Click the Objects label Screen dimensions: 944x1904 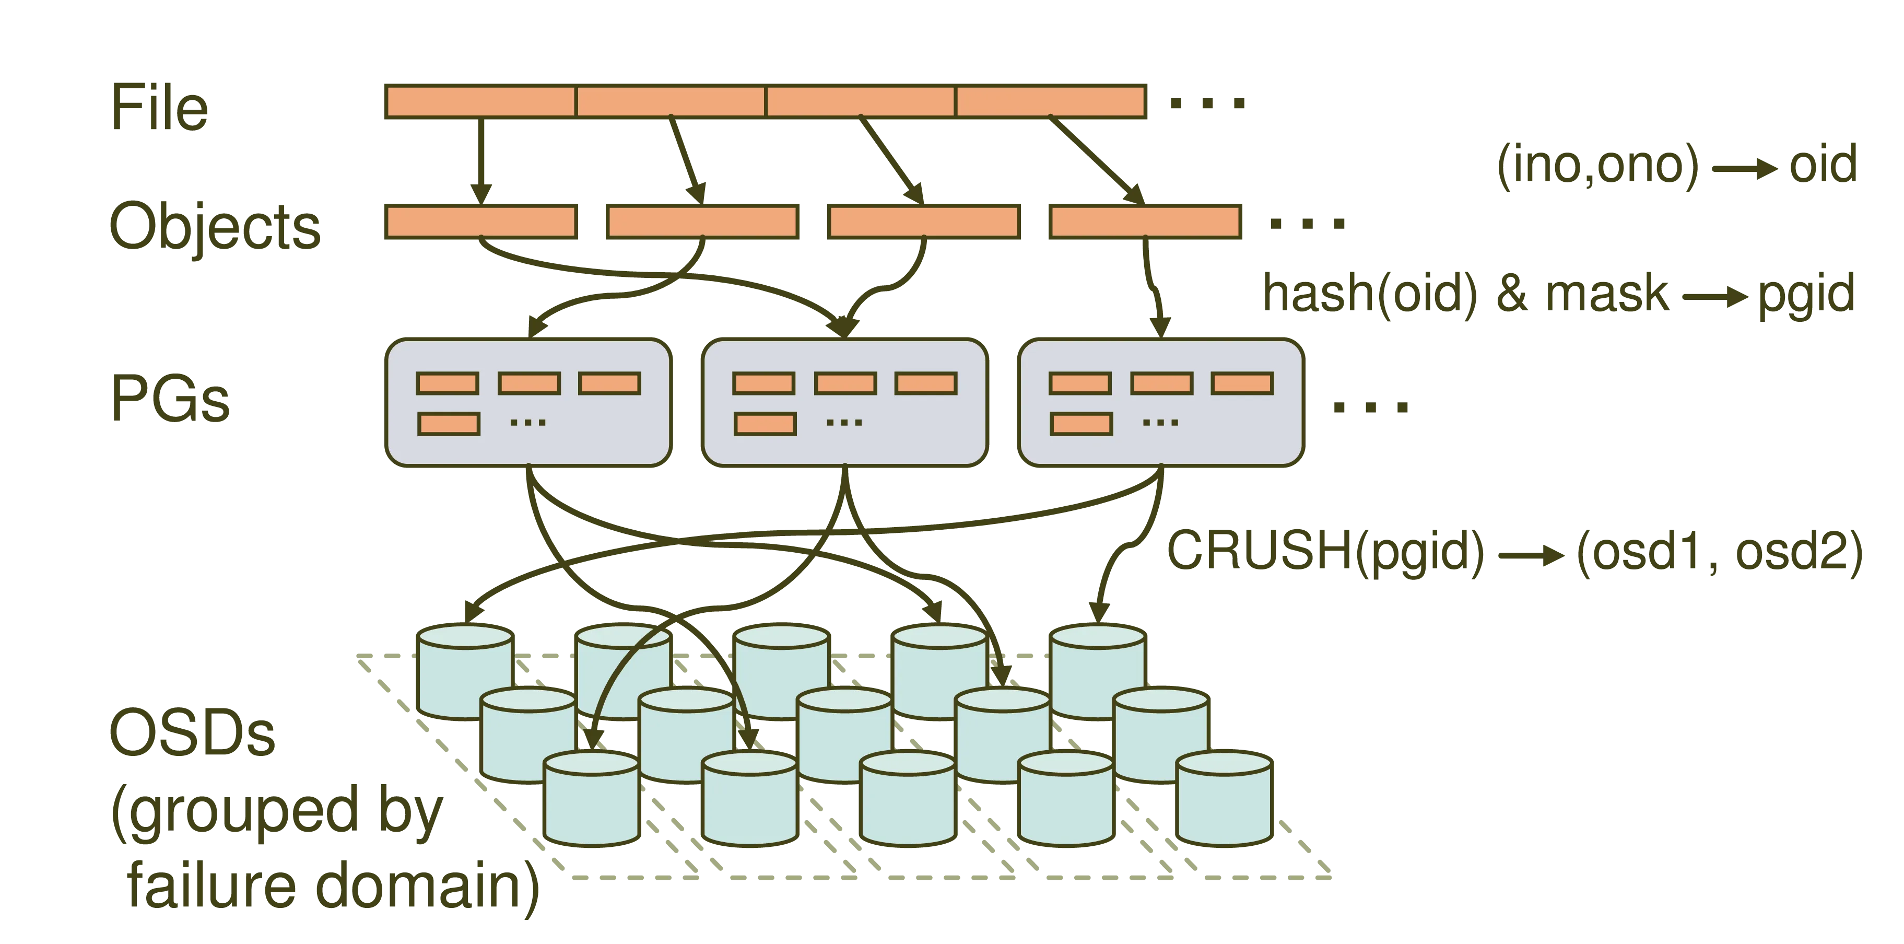pos(214,226)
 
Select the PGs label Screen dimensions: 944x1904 pos(170,397)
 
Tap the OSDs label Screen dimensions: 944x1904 pos(192,732)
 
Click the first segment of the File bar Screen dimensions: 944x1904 pos(480,101)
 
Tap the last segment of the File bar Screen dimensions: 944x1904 pos(1051,101)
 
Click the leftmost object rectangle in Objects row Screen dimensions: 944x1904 pos(480,222)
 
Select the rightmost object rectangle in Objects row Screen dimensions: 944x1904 pos(1145,222)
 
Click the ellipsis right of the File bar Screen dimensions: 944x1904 pos(1206,103)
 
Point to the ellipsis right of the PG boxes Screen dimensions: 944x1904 pos(1370,406)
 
